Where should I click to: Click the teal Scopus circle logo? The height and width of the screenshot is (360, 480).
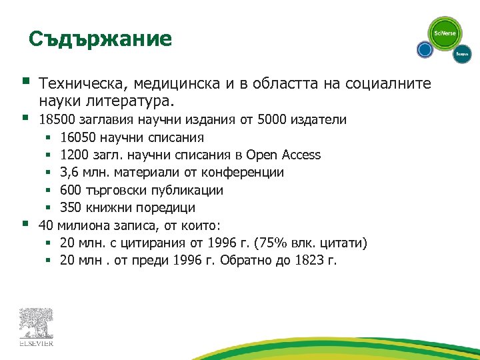tap(462, 54)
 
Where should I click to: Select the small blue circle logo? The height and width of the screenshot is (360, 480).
tap(425, 49)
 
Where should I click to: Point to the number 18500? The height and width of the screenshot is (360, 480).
tap(58, 120)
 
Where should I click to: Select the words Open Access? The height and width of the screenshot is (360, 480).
tap(283, 155)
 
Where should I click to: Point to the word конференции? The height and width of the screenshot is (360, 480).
tap(248, 173)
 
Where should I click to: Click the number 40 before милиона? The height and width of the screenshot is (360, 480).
tap(47, 225)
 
